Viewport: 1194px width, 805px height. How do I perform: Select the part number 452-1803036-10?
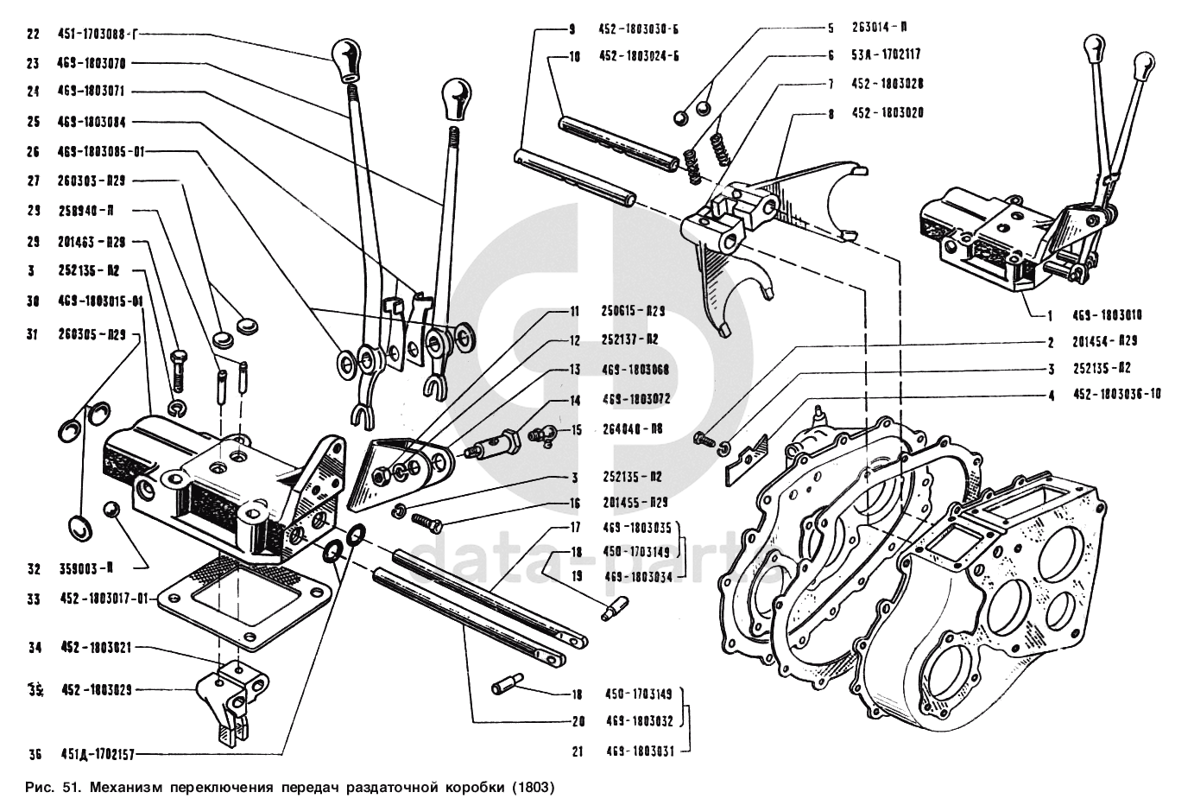pyautogui.click(x=1116, y=395)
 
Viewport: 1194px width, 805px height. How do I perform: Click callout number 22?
pyautogui.click(x=33, y=35)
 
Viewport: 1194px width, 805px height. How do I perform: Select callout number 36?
pyautogui.click(x=35, y=754)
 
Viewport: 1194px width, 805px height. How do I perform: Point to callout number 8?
pyautogui.click(x=831, y=113)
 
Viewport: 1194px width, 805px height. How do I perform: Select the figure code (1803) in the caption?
pyautogui.click(x=529, y=788)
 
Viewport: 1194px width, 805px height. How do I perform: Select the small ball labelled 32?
pyautogui.click(x=111, y=509)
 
